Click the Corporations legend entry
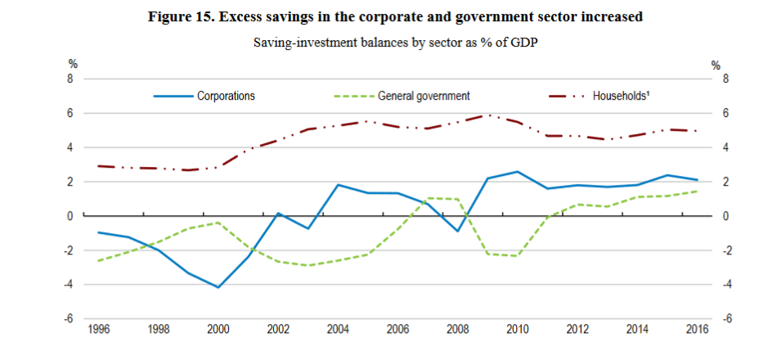click(x=226, y=96)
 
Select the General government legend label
click(x=423, y=96)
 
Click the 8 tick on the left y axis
click(x=71, y=79)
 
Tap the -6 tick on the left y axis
click(x=70, y=319)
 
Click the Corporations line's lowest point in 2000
click(x=218, y=287)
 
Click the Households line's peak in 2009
click(x=488, y=115)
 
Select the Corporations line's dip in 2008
click(x=458, y=232)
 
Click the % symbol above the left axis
click(x=71, y=65)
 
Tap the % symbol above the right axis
click(x=716, y=65)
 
